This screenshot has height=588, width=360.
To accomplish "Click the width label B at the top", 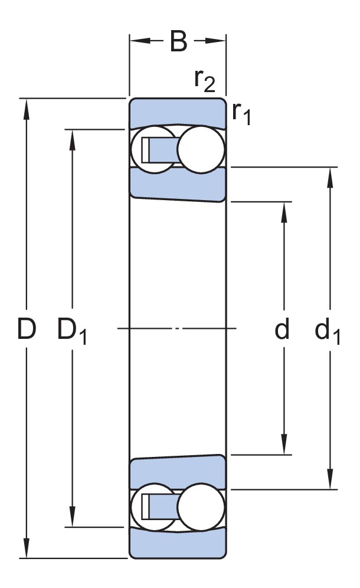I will [x=178, y=42].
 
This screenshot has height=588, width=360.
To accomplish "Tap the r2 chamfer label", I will [x=204, y=81].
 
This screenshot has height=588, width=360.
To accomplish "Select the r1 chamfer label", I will [x=241, y=112].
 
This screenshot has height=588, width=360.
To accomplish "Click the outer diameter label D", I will [x=26, y=330].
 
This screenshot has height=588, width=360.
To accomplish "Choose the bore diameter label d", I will [x=283, y=330].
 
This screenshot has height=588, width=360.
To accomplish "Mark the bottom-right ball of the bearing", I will [x=201, y=507].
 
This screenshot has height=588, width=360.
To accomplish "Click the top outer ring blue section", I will [x=177, y=112].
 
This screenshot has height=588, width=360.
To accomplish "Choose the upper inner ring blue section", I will [x=177, y=184].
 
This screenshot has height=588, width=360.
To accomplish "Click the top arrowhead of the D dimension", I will [x=26, y=106].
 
